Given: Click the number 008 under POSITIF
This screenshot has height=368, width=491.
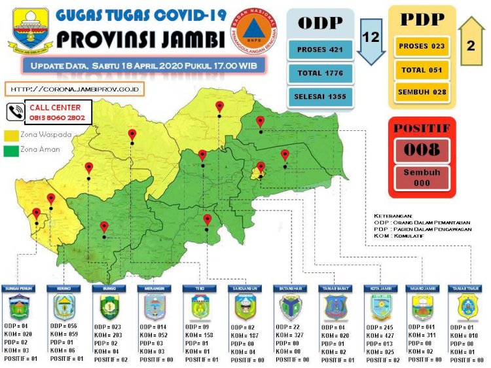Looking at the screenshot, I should click(421, 150).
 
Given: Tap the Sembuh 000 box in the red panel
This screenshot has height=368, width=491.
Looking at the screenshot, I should click(421, 178).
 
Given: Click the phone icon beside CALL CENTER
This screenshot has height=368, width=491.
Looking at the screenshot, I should click(14, 112).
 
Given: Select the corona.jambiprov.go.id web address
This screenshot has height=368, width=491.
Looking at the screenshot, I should click(75, 88).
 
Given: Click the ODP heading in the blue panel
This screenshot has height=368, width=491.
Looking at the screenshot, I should click(321, 23).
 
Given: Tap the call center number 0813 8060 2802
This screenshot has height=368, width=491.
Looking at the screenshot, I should click(57, 117).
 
